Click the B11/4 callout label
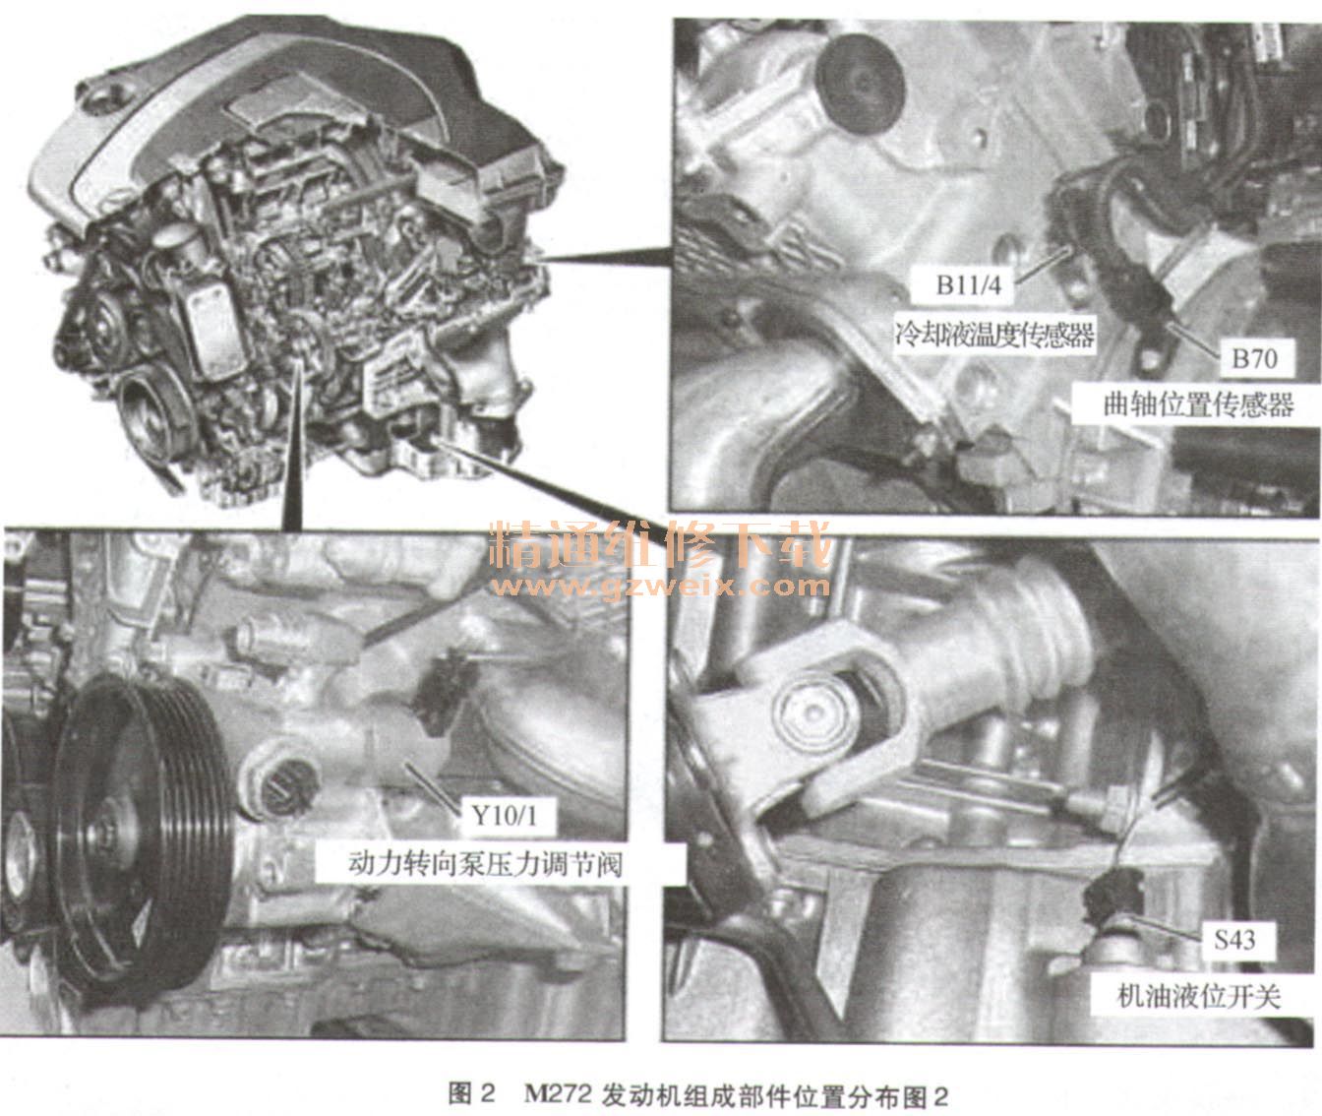coord(968,285)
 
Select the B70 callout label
coord(1253,359)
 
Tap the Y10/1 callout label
coord(504,816)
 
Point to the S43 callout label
coord(1234,939)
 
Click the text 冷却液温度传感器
coord(994,334)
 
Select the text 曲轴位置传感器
coord(1198,404)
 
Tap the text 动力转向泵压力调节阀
coord(486,864)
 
